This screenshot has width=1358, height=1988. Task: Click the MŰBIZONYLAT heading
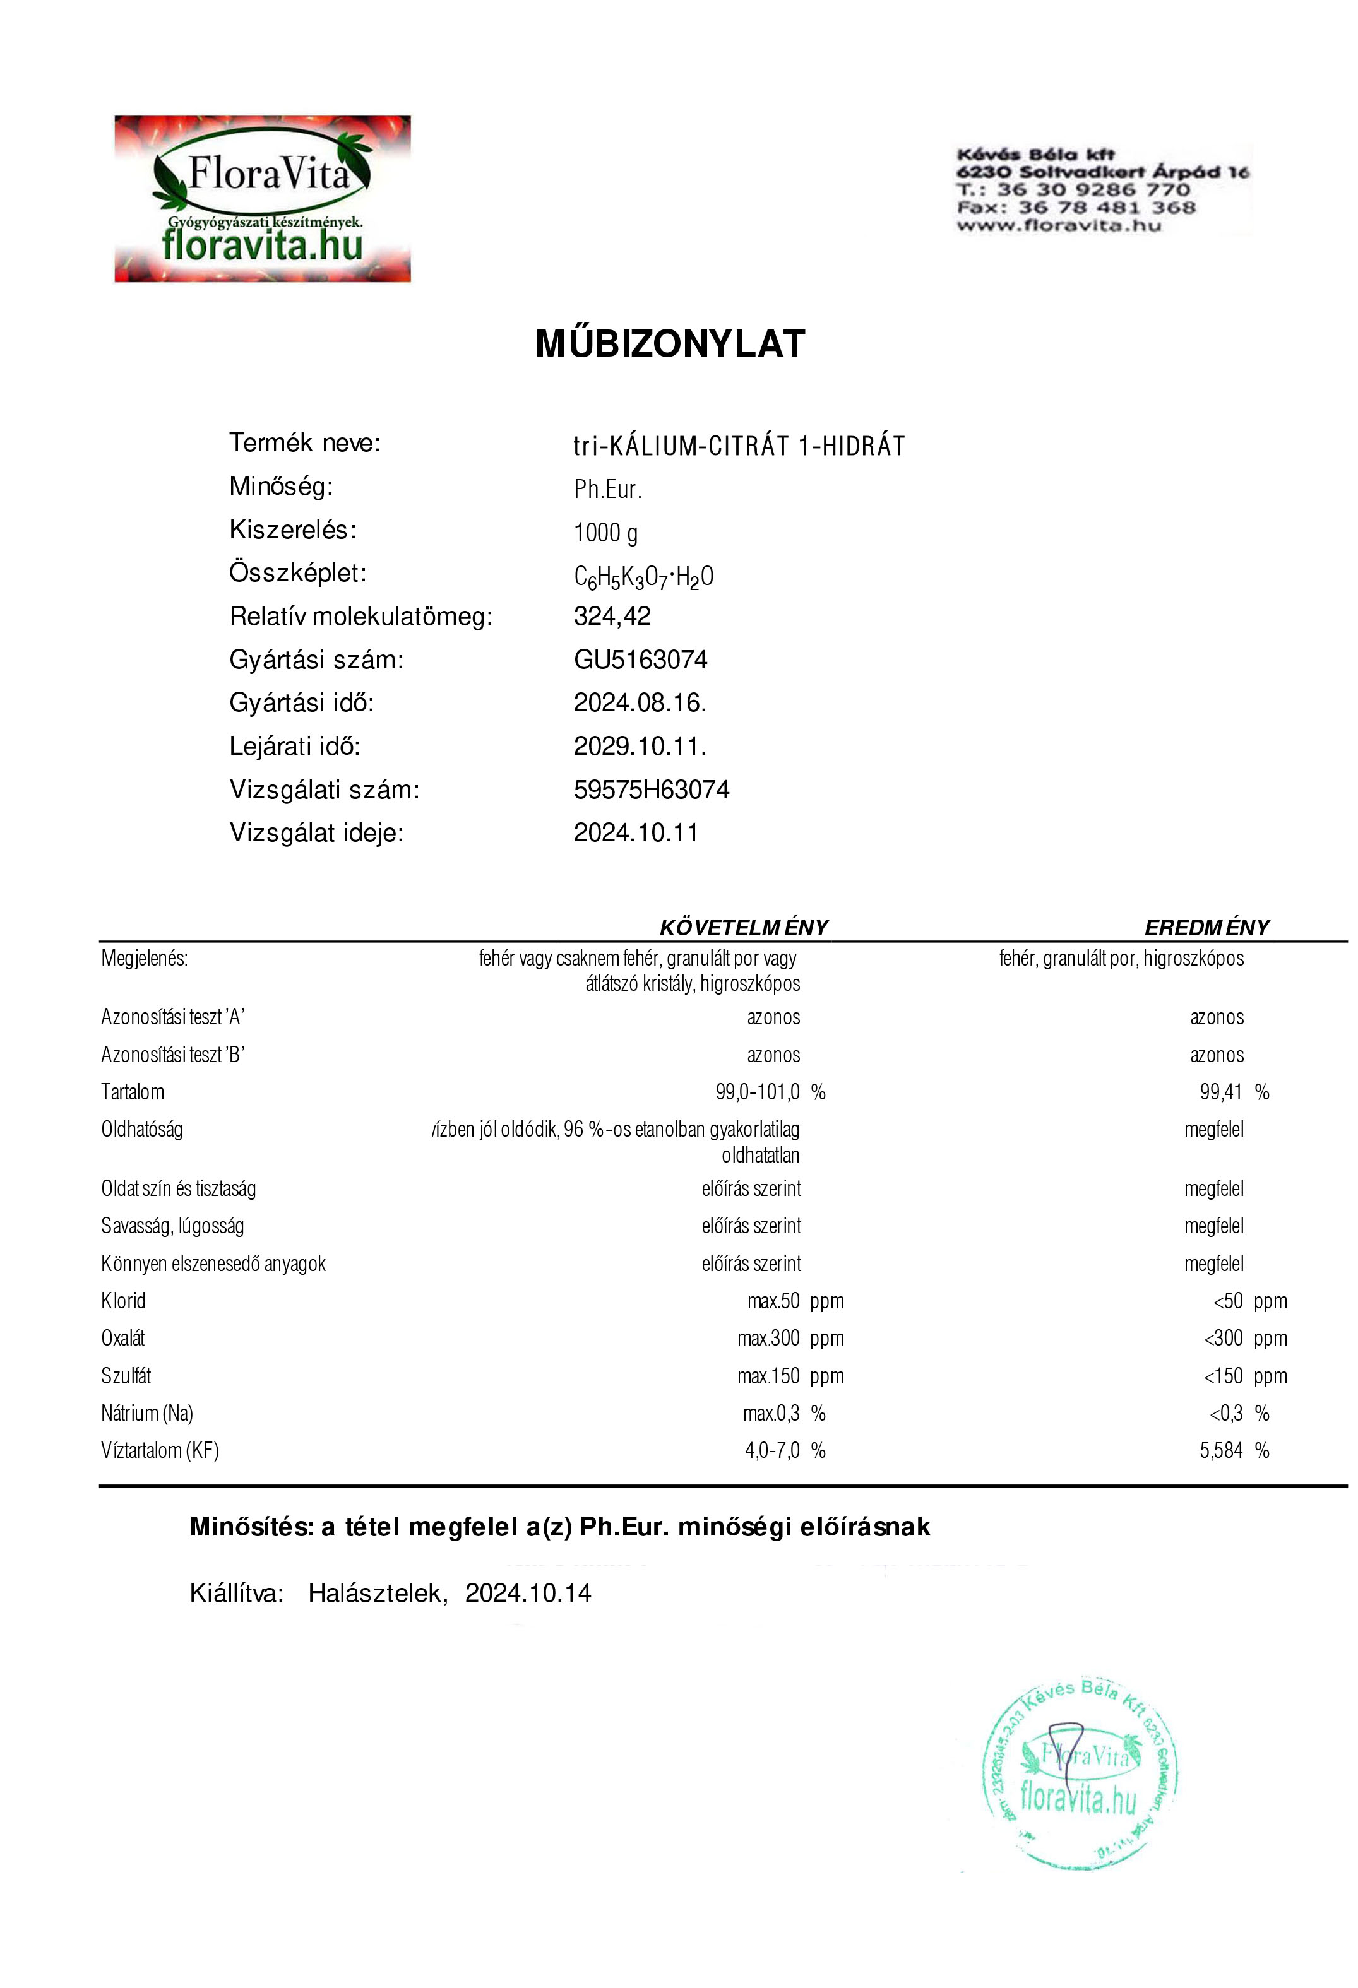tap(670, 344)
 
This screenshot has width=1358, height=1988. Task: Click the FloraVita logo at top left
tap(263, 199)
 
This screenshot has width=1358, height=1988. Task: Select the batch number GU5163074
tap(640, 660)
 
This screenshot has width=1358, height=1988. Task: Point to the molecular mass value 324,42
tap(612, 616)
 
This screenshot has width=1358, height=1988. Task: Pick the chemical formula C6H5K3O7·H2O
tap(643, 577)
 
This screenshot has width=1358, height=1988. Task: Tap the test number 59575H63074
tap(651, 790)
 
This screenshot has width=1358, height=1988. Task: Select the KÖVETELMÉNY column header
tap(744, 927)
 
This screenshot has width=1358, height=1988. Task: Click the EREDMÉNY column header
tap(1206, 927)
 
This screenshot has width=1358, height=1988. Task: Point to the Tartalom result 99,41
tap(1221, 1092)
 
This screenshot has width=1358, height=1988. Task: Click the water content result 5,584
tap(1221, 1451)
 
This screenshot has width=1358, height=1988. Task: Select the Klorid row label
tap(123, 1301)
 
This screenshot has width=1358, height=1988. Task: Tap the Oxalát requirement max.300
tap(768, 1339)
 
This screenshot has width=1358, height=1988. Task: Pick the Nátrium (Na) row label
tap(147, 1413)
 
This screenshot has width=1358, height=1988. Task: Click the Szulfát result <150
tap(1223, 1376)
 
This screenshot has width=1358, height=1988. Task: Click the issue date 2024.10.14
tap(528, 1594)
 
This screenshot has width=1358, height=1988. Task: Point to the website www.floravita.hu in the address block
tap(1059, 226)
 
